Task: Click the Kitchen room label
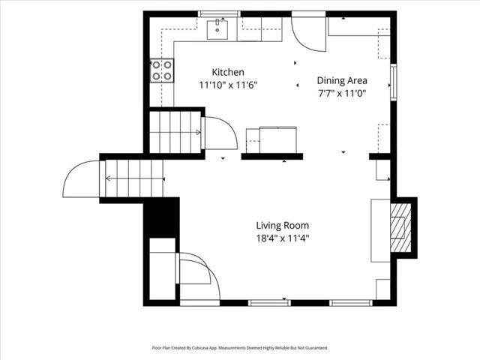[228, 72]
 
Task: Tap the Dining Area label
[342, 80]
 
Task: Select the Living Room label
[283, 226]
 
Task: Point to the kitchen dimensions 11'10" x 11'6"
[228, 85]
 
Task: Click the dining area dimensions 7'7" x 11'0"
[342, 93]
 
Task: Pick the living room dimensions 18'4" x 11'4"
[283, 238]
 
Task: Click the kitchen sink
[217, 30]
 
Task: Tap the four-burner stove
[162, 70]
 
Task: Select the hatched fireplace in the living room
[400, 228]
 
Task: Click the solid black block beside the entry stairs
[162, 218]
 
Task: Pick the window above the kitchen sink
[219, 13]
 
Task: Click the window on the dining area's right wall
[394, 82]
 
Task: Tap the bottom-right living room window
[351, 303]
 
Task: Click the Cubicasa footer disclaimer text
[240, 348]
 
